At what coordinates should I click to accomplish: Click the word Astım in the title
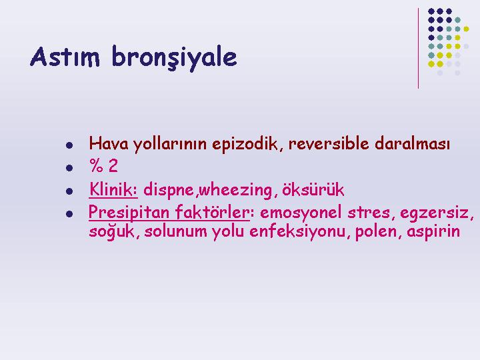coord(65,57)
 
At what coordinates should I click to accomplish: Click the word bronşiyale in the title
coord(174,58)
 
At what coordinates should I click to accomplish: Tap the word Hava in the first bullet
coord(109,143)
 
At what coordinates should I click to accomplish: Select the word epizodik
coord(245,144)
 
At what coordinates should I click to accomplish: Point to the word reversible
coord(329,143)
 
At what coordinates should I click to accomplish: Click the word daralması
coord(412,143)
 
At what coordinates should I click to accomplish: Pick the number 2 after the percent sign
coord(113,166)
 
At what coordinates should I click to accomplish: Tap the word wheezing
coord(236,190)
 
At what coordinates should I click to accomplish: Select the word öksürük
coord(313,189)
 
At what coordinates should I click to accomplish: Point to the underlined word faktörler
coord(213,211)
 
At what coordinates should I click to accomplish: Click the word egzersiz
coord(434,213)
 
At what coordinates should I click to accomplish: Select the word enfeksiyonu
coord(297,231)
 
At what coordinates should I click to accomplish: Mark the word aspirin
coord(433,231)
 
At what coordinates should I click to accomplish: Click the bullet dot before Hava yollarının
coord(69,145)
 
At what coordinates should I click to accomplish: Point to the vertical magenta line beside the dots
coord(418,49)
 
